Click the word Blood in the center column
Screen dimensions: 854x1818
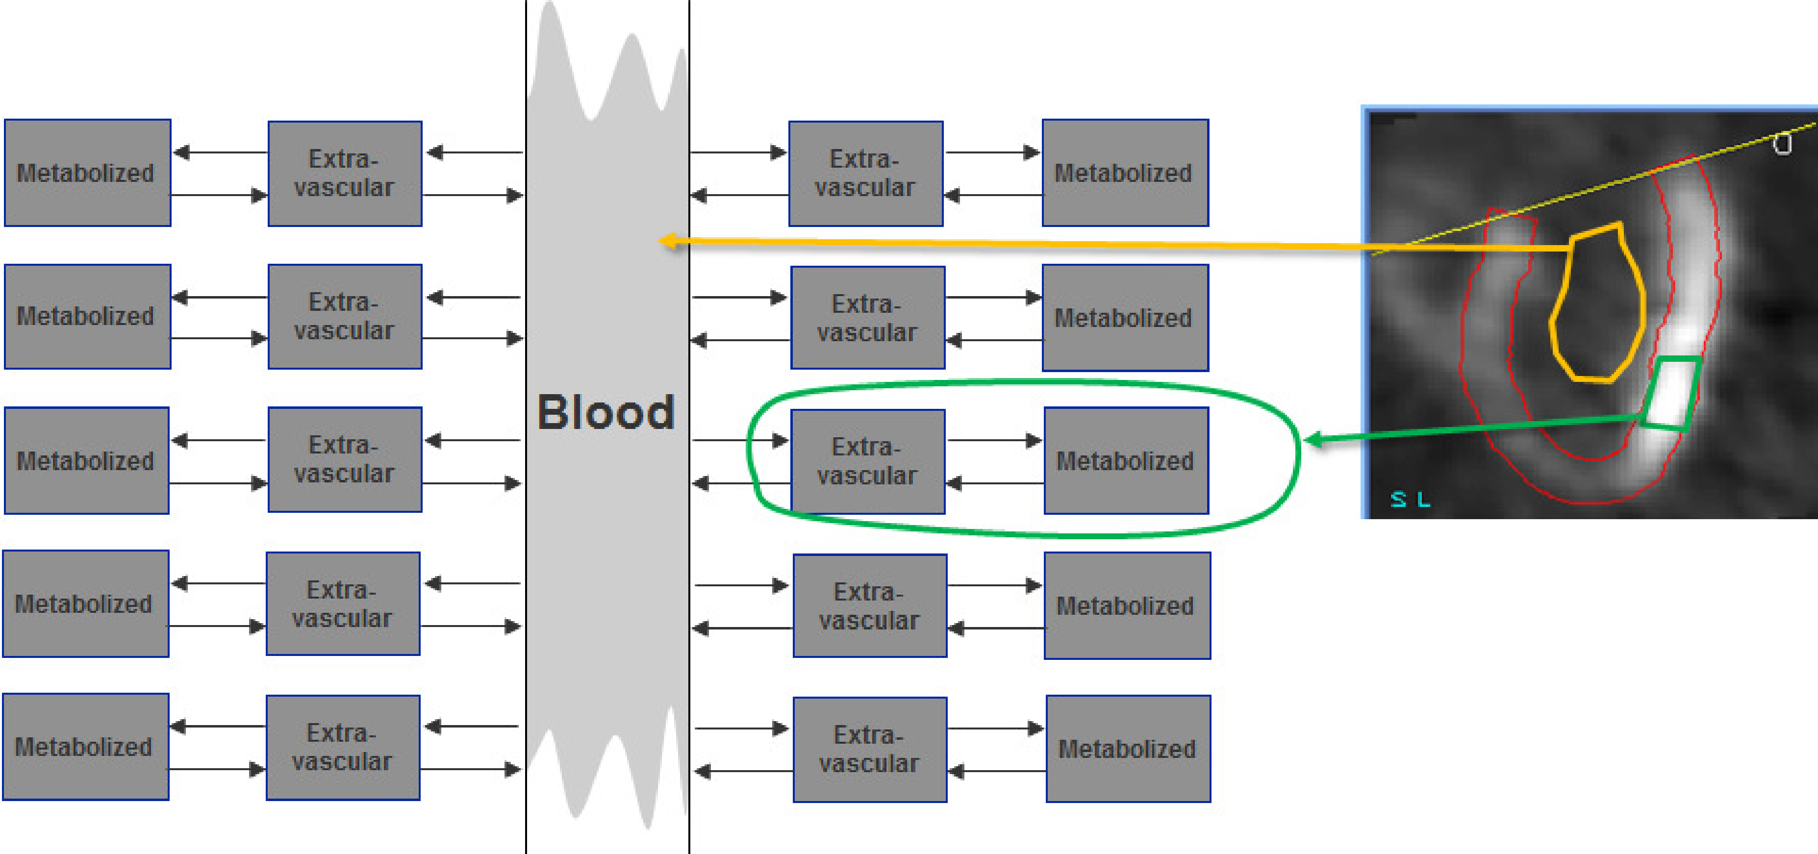pos(606,412)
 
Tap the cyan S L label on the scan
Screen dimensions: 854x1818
pos(1410,499)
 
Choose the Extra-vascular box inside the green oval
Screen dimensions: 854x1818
pos(867,461)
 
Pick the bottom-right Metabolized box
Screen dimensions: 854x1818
pos(1127,748)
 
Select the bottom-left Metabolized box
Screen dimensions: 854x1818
pos(85,746)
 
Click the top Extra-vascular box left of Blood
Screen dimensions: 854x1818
pos(344,173)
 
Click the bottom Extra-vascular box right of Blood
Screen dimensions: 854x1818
pos(869,749)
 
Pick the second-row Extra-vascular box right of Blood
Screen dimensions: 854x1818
pos(867,318)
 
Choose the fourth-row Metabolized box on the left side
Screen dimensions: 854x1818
pos(85,603)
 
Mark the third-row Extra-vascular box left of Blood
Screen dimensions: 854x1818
pos(344,459)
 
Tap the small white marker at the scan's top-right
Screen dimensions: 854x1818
pos(1783,144)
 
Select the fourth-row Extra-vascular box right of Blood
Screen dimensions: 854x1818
pos(869,605)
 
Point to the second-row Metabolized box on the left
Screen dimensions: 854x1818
pos(87,316)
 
